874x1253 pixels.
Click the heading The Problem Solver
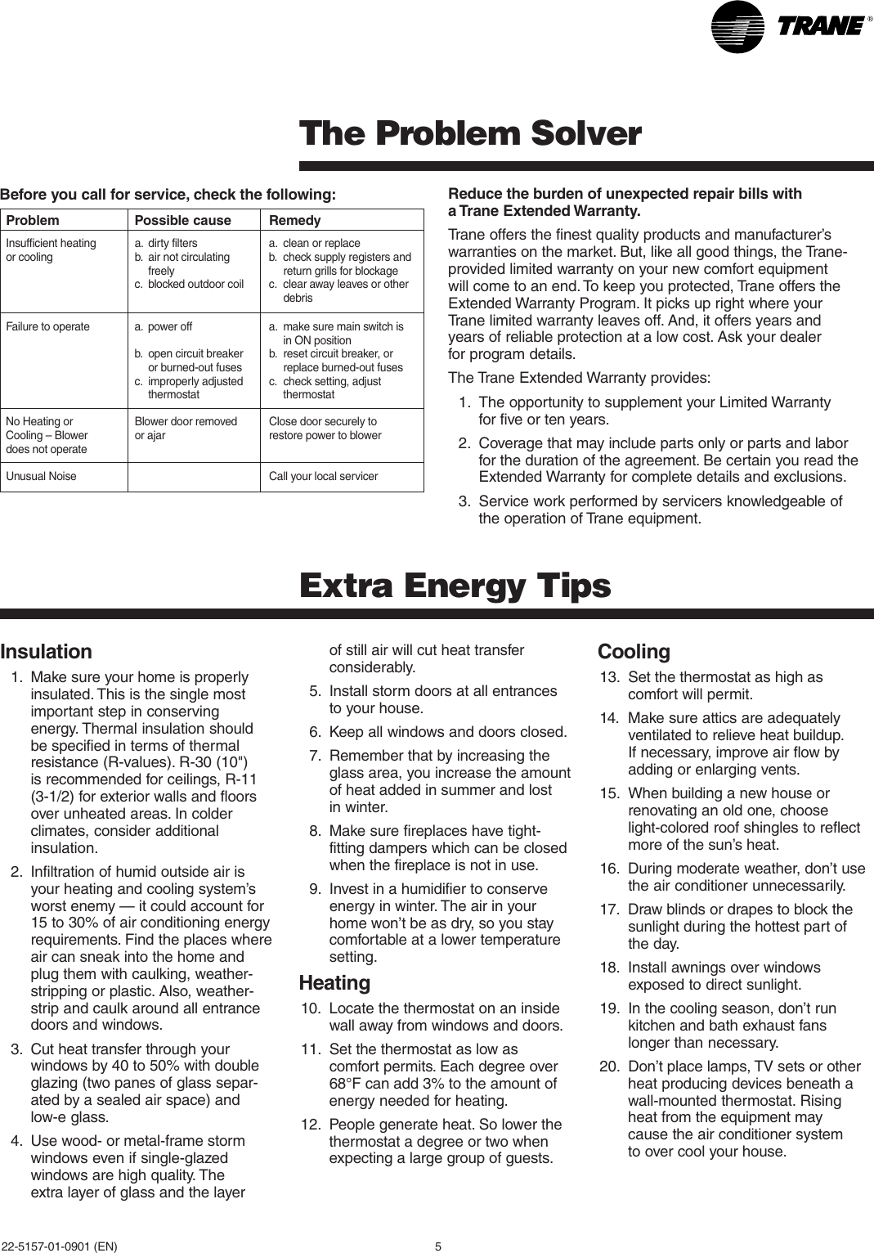click(470, 133)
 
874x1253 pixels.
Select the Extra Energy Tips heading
click(455, 586)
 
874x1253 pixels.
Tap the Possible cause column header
click(182, 220)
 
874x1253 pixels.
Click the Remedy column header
click(295, 220)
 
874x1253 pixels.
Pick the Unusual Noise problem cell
click(41, 476)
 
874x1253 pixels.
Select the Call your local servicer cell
click(323, 476)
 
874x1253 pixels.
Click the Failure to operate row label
click(47, 326)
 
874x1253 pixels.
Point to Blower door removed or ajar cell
click(186, 428)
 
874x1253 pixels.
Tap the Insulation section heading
click(46, 652)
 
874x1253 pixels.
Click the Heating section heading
click(334, 982)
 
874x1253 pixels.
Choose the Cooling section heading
click(634, 652)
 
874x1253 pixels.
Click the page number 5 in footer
click(438, 1246)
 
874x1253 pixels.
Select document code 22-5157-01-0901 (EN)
click(59, 1246)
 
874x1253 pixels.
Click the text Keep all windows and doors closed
click(447, 732)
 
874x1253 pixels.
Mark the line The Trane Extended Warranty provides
click(579, 378)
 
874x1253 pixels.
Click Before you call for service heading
click(168, 195)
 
